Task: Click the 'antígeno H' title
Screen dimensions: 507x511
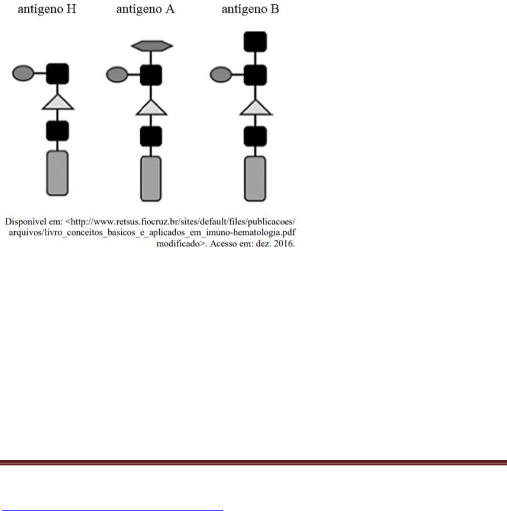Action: coord(47,9)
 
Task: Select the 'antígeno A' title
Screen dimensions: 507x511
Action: coord(145,9)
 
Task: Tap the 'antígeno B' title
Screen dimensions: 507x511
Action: coord(250,9)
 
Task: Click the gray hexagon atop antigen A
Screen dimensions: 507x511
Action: coord(151,46)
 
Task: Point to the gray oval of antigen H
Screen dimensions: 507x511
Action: coord(23,73)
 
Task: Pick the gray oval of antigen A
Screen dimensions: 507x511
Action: coord(117,75)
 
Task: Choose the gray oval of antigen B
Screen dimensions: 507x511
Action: coord(221,75)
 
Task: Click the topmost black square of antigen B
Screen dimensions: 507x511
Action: coord(256,41)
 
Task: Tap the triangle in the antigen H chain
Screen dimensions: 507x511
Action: coord(58,103)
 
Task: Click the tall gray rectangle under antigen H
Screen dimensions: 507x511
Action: coord(57,173)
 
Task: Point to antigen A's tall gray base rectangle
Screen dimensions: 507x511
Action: coord(151,179)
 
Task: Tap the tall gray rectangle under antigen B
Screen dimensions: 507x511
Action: coord(255,179)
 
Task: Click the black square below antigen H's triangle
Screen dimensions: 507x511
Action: coord(57,131)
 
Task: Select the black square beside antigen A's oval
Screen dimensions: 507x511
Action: coord(151,75)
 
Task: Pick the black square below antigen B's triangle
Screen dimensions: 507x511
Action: coord(256,136)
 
